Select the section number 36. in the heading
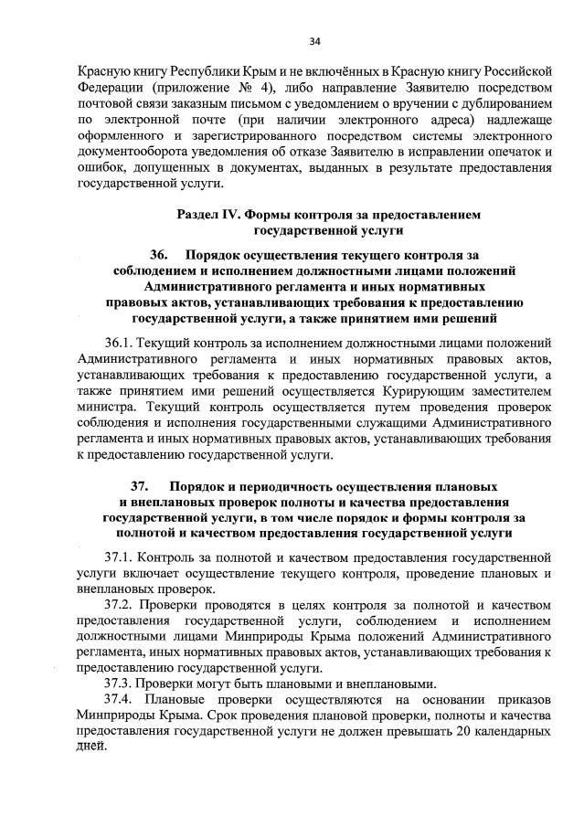click(x=162, y=254)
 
